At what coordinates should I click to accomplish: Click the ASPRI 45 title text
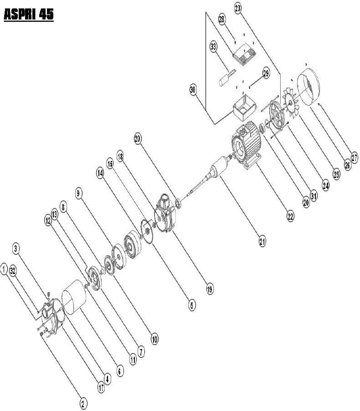pos(29,14)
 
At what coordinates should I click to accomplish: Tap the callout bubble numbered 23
pos(238,9)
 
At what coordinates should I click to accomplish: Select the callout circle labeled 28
pos(222,20)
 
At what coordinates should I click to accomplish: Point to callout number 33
pos(214,47)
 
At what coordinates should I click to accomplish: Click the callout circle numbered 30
pos(193,90)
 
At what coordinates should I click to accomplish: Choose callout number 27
pos(355,158)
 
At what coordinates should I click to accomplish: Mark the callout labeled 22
pos(290,217)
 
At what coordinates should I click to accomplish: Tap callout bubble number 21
pos(262,241)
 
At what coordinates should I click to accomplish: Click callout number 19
pos(210,289)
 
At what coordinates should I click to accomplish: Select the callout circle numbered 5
pos(192,305)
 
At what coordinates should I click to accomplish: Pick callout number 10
pos(155,340)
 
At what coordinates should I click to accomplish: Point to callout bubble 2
pos(83,404)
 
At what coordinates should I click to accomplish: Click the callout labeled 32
pos(13,271)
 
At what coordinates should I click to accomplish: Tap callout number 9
pos(78,193)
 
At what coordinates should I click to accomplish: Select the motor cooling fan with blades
pos(290,103)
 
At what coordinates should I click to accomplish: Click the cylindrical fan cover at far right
pos(309,87)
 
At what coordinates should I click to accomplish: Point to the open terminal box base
pos(245,108)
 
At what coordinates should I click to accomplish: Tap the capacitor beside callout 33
pos(226,78)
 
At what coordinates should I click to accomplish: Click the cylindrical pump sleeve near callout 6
pos(74,297)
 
